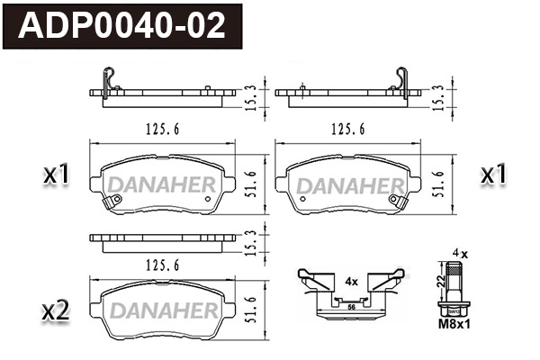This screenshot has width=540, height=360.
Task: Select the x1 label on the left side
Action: (x=56, y=175)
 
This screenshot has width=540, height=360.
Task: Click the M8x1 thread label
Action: (x=455, y=325)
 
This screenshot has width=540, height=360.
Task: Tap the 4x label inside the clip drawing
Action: (x=351, y=281)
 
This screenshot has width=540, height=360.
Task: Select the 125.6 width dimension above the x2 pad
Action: (x=162, y=265)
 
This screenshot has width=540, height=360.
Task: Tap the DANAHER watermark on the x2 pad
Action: (x=162, y=311)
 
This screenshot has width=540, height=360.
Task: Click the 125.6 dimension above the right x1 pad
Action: (x=347, y=129)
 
